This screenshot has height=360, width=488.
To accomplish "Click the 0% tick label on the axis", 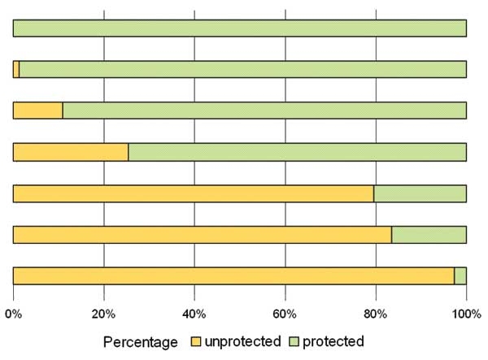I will [13, 313].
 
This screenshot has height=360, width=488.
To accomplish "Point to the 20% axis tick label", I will [103, 313].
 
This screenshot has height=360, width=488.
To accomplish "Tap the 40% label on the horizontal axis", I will [194, 313].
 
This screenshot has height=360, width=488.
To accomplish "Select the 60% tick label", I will [285, 313].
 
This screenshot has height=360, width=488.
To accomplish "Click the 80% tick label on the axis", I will [375, 313].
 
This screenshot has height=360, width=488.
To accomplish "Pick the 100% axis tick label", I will [466, 313].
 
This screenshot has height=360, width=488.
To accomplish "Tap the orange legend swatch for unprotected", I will [196, 340].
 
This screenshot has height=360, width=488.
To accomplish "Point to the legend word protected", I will [333, 340].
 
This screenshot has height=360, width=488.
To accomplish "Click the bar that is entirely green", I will [240, 28].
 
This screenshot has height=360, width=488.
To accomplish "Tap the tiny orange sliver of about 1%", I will [16, 69].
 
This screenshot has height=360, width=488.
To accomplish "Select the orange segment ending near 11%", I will [38, 110].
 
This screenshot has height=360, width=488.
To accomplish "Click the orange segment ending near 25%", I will [71, 151].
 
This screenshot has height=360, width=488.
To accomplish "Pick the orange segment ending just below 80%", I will [194, 193].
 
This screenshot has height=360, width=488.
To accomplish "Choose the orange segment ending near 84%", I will [203, 234].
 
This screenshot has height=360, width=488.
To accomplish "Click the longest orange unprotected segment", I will [233, 275].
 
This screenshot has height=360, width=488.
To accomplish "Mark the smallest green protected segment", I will [460, 275].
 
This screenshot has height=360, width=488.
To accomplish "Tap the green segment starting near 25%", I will [298, 151].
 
